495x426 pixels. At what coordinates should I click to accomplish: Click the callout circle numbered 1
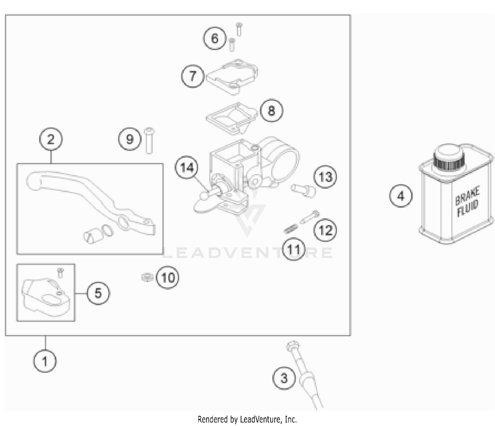click(x=45, y=361)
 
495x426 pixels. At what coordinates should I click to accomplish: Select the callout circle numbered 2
click(x=50, y=139)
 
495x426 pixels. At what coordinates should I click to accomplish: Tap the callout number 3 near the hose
click(x=284, y=378)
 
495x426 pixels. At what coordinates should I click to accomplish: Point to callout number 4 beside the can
click(x=401, y=196)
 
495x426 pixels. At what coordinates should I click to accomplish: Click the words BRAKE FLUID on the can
click(x=467, y=202)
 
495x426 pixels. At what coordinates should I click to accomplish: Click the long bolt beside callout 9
click(x=149, y=141)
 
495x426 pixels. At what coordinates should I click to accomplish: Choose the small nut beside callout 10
click(x=147, y=277)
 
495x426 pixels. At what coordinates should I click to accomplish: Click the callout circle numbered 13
click(x=325, y=177)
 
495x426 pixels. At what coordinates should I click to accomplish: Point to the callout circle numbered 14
click(x=187, y=168)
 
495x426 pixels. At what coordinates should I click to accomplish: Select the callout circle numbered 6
click(x=214, y=38)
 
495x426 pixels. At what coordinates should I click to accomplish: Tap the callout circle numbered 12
click(x=325, y=230)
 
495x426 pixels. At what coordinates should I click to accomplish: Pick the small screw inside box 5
click(x=60, y=273)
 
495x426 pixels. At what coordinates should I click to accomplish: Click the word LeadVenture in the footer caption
click(x=260, y=419)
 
